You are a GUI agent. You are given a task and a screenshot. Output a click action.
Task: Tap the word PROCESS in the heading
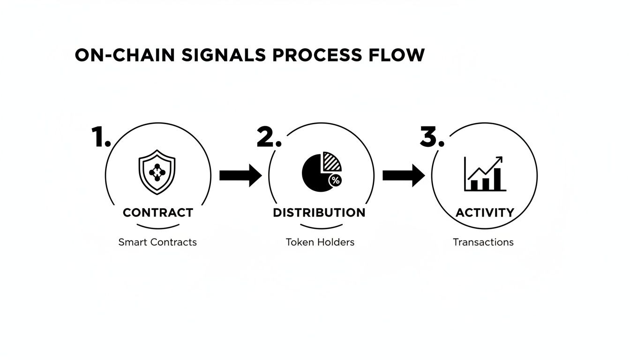(x=317, y=55)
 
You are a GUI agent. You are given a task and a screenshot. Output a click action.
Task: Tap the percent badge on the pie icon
(x=335, y=180)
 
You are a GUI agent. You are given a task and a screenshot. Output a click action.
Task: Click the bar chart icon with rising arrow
(x=485, y=174)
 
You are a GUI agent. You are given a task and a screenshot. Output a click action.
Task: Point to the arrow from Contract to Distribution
(x=240, y=175)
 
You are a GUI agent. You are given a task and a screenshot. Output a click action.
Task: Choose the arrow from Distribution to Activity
(x=403, y=175)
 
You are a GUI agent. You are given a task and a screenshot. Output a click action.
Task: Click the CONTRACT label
(x=157, y=212)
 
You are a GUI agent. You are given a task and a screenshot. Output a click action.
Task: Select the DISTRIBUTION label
(x=319, y=212)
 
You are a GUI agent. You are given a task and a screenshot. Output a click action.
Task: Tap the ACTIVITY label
(x=485, y=212)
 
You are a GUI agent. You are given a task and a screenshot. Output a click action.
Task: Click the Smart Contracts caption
(x=157, y=242)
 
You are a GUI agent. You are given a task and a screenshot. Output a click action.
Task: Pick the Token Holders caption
(x=320, y=242)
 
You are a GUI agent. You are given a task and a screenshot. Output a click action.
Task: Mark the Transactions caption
(x=483, y=242)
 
